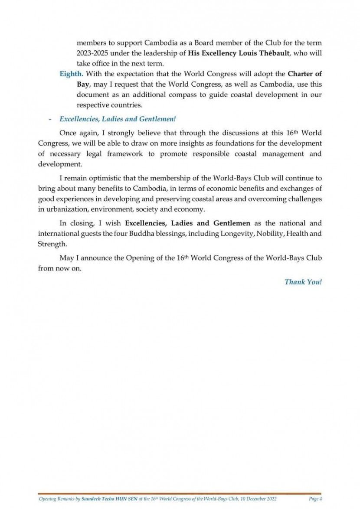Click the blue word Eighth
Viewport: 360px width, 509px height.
click(70, 73)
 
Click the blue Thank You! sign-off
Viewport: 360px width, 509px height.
click(303, 282)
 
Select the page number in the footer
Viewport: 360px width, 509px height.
click(315, 499)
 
